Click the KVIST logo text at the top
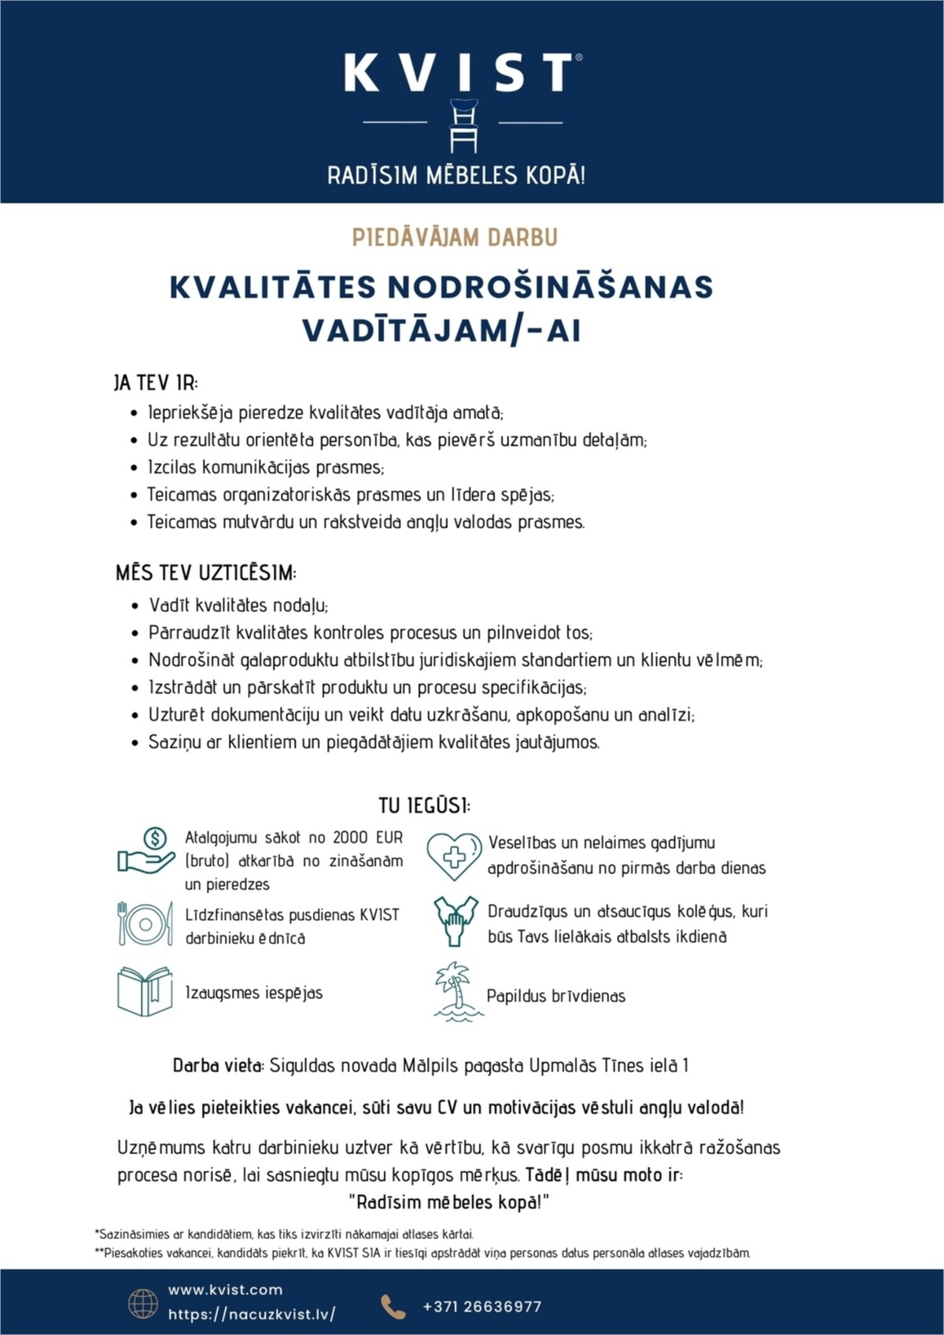[x=460, y=72]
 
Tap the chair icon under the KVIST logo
[x=463, y=125]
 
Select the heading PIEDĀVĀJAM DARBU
[x=455, y=238]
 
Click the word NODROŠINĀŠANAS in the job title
[x=550, y=287]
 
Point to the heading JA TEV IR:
[x=156, y=383]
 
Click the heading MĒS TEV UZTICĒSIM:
[x=206, y=573]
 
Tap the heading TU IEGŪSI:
[x=424, y=806]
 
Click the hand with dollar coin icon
[x=146, y=851]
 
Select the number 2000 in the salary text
[x=350, y=837]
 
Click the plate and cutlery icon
[x=145, y=924]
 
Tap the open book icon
[x=145, y=991]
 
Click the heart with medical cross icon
[x=454, y=855]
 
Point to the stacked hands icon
[x=455, y=921]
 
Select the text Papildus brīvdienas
[x=555, y=996]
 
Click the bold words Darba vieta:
[x=218, y=1066]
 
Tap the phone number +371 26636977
[x=481, y=1307]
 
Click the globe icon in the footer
[x=143, y=1304]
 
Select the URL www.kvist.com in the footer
[x=225, y=1290]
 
